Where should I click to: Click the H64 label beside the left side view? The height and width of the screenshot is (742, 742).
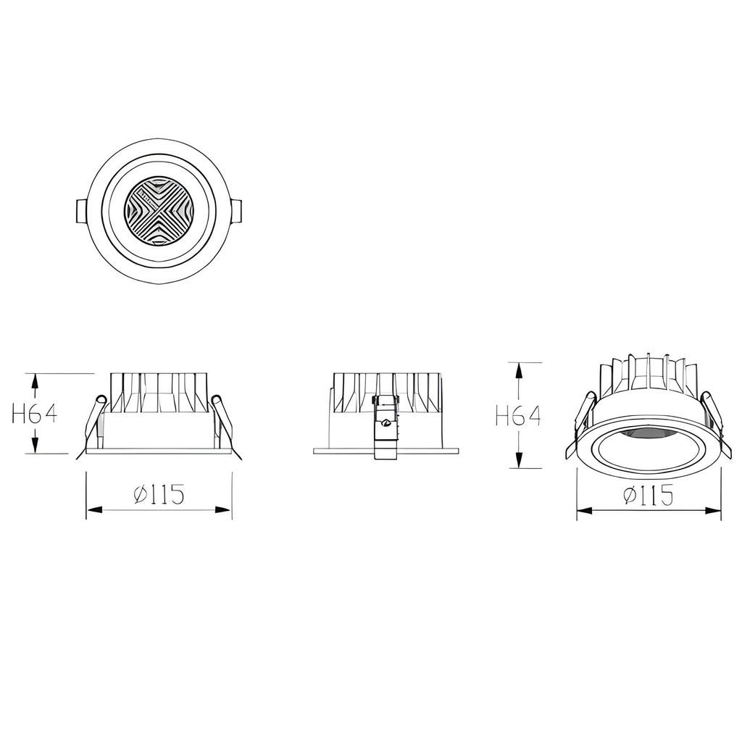tap(35, 414)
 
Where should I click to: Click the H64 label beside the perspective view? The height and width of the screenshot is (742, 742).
tap(518, 416)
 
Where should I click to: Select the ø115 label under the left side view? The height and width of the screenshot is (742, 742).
tap(159, 495)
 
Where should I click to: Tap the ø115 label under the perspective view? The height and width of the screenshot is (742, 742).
tap(649, 496)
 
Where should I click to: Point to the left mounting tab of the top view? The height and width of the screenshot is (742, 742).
tap(81, 211)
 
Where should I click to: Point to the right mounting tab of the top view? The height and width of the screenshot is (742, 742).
tap(237, 211)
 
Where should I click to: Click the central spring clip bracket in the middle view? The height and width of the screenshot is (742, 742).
tap(385, 428)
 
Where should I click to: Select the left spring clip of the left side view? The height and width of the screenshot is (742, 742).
tap(93, 424)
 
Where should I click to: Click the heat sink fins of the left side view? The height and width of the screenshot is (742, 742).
tap(159, 392)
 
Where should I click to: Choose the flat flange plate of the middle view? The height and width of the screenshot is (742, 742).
tap(341, 451)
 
